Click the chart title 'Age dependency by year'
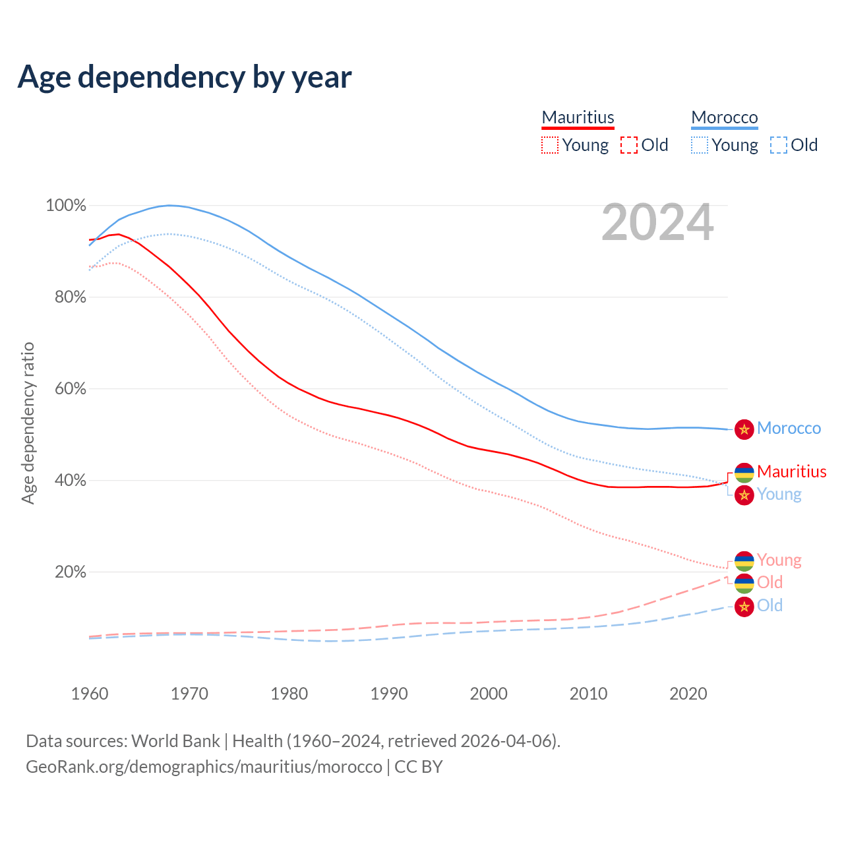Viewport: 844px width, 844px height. pos(185,76)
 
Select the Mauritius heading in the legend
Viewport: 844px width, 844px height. pos(578,117)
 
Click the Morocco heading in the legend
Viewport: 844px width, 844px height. pos(725,117)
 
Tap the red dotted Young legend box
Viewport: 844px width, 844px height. pos(550,145)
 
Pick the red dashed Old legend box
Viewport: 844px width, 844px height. pos(629,145)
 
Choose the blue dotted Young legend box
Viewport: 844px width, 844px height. pos(700,145)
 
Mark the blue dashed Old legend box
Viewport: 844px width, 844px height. pos(779,145)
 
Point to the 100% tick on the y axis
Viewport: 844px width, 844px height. pos(66,206)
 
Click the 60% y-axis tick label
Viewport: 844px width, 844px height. pos(70,389)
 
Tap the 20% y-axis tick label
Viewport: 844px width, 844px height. pos(70,572)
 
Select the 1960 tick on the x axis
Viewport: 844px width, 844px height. pos(90,694)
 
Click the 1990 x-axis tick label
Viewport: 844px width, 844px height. pos(389,694)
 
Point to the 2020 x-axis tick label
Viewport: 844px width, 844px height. pos(688,694)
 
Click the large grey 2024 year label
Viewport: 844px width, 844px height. pos(657,223)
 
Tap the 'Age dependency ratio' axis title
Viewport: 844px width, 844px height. pos(28,423)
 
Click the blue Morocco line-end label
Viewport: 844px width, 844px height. pos(789,429)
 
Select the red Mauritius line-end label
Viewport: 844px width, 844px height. pos(791,471)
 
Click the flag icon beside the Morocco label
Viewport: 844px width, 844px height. pos(744,429)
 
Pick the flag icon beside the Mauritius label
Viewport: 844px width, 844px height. pos(744,472)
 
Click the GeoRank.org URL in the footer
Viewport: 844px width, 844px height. pos(204,767)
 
